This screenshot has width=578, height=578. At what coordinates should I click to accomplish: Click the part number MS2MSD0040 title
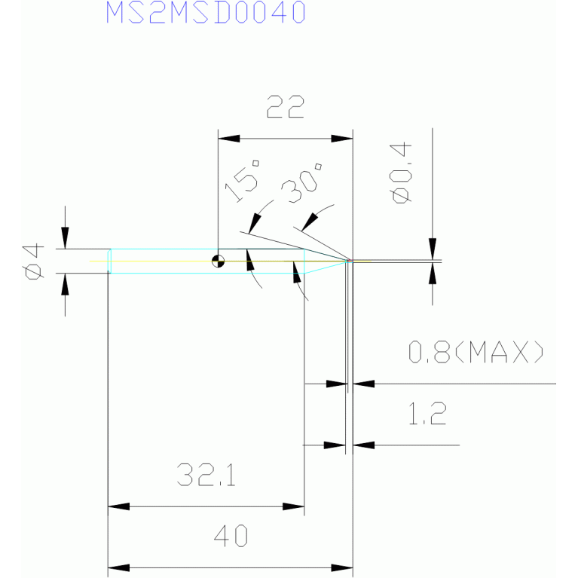(206, 12)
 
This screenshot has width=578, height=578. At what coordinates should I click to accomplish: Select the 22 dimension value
(286, 106)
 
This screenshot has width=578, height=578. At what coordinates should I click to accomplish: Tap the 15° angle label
(242, 181)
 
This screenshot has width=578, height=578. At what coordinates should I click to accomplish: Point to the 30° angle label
(301, 183)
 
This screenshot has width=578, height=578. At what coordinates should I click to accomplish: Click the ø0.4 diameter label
(401, 173)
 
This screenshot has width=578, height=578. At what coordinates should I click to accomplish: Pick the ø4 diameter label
(33, 261)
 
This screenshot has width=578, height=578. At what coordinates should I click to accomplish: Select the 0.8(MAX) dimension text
(476, 352)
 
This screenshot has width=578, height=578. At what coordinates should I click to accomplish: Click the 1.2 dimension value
(427, 414)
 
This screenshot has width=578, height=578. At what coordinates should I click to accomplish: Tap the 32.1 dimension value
(206, 475)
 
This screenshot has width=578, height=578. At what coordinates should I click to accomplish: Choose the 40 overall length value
(231, 536)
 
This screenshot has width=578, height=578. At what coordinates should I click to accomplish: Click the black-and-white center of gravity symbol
(219, 261)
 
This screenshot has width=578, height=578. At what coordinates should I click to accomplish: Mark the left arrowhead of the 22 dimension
(229, 139)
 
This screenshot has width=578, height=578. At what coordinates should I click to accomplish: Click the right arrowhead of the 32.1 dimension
(293, 506)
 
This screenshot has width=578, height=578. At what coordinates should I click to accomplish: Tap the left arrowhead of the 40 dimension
(119, 567)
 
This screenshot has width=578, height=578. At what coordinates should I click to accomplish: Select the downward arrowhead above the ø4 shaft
(66, 238)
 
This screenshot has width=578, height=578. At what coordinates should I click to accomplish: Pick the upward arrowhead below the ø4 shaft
(66, 284)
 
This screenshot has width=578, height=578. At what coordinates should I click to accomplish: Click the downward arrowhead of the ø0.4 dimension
(433, 249)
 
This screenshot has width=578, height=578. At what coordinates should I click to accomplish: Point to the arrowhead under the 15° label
(255, 224)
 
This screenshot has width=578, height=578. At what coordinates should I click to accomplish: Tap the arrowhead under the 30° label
(310, 222)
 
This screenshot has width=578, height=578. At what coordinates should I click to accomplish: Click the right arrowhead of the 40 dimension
(342, 567)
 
